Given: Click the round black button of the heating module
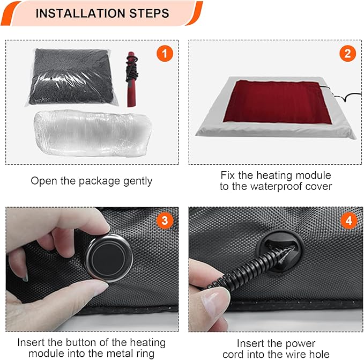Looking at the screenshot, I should [x=108, y=252].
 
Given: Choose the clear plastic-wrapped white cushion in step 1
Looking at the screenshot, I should [x=91, y=133].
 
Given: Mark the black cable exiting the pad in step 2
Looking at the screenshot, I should [x=338, y=97].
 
